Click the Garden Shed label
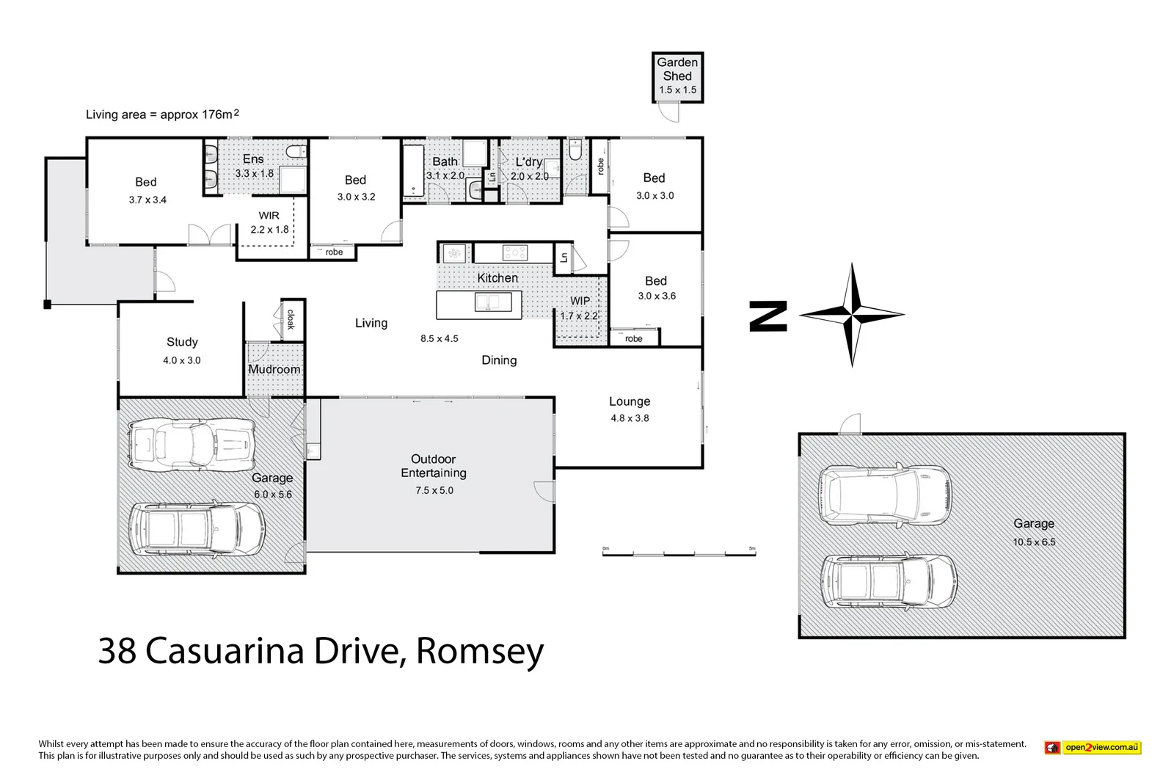pos(677,69)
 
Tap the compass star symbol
pos(851,315)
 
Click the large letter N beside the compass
pos(768,316)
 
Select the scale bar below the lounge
pos(679,553)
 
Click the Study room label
pos(182,342)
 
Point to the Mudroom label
pos(274,369)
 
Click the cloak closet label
pos(291,319)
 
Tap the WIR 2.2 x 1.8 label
pos(269,222)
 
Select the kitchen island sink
pos(492,302)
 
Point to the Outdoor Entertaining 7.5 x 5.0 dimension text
pos(434,490)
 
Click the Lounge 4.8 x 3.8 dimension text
pos(630,418)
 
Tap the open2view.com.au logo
pos(1093,748)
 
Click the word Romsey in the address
pos(480,650)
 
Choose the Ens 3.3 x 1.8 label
pos(254,166)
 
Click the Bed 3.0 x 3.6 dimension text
pos(657,296)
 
